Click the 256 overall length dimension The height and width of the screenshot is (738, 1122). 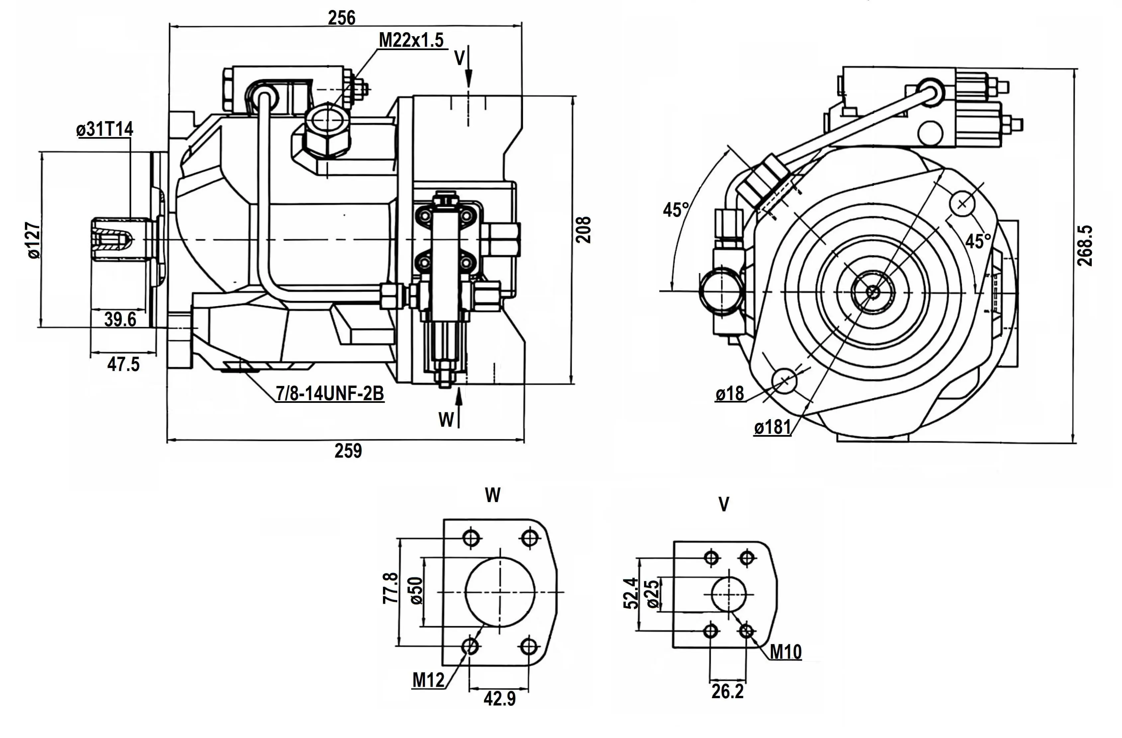pos(341,18)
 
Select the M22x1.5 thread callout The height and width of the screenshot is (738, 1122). pos(411,40)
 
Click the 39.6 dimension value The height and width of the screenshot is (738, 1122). pos(120,319)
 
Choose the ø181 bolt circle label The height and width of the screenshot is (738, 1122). pos(772,427)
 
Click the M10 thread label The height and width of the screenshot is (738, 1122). pos(786,652)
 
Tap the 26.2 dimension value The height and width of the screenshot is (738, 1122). pos(727,691)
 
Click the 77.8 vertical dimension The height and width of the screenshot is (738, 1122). pos(390,588)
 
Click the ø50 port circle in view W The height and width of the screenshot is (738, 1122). pos(500,592)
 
